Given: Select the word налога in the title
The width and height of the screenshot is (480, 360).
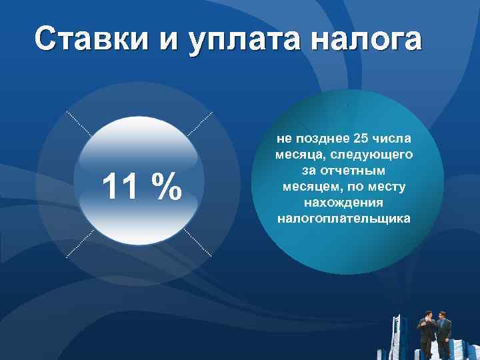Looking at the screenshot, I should tap(367, 39).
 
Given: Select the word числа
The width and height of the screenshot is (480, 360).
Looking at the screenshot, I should tap(393, 139).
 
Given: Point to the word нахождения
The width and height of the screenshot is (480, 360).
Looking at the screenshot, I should tap(343, 203).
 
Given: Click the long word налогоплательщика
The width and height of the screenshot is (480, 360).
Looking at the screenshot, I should tap(343, 219).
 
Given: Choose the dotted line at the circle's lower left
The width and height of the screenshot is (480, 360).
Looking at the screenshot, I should tap(79, 243).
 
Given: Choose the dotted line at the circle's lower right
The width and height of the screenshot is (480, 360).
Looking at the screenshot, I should tap(198, 243).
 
